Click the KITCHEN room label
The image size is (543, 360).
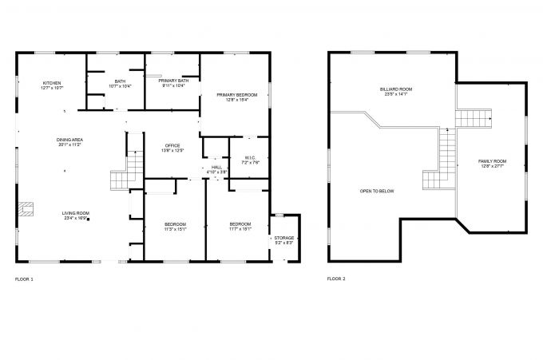coord(52,82)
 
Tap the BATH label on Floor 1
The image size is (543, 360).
coord(120,81)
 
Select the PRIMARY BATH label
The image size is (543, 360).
coord(173,81)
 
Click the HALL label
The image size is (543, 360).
coord(217,167)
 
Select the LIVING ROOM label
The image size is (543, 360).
coord(76,212)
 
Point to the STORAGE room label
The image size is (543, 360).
coord(284,238)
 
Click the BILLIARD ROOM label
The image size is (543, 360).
coord(396,89)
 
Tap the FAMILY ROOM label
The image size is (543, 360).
coord(492,161)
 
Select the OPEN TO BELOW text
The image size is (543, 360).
coord(377,191)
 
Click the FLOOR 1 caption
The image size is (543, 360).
coord(24,279)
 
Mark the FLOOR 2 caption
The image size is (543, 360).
coord(336,279)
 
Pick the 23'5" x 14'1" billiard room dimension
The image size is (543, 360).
coord(396,94)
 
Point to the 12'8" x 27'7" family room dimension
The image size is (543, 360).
coord(492,167)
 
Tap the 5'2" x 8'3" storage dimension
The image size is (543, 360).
coord(284,243)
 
